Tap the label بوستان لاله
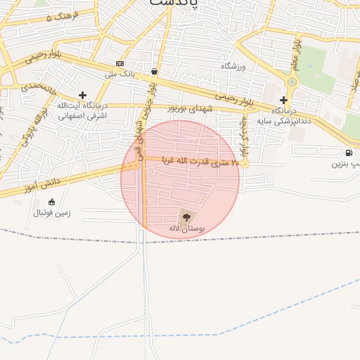coord(186,229)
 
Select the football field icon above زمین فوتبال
coord(51,202)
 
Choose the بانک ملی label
coord(119,73)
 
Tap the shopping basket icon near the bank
coord(154,71)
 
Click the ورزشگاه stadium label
coord(236,66)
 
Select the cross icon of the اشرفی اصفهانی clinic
coord(83,94)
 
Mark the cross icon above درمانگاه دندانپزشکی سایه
coord(283,101)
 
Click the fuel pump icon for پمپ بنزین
coord(348,153)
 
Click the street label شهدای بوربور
coord(190,109)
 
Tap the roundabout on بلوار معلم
coord(292,82)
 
